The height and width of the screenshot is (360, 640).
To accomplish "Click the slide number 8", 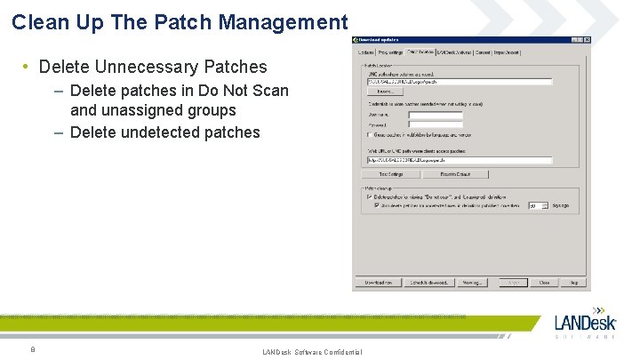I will coord(32,349).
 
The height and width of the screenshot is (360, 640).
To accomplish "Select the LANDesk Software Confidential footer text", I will coord(312,353).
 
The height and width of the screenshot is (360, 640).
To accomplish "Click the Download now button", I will coord(377,283).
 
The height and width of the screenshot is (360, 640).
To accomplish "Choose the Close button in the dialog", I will coord(544,283).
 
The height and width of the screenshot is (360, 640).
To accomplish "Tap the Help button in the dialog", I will coord(574,283).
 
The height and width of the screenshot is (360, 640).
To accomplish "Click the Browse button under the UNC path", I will coord(384,92).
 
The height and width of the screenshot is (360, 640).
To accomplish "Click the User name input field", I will coord(436,115).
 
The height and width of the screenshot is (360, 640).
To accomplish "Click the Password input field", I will coord(436,124).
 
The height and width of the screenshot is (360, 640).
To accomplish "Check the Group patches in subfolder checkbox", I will coord(370,135).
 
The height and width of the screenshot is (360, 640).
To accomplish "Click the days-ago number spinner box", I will coord(536,205).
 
